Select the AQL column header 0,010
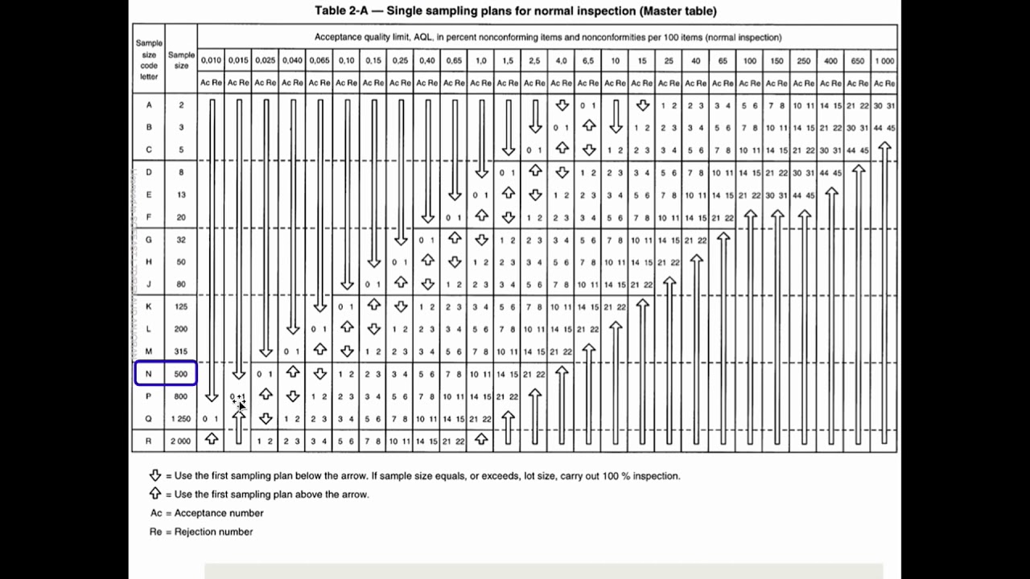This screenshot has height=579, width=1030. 211,60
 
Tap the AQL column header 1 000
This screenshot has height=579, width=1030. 884,60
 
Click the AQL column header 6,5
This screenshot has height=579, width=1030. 588,60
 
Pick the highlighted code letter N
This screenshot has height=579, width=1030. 149,373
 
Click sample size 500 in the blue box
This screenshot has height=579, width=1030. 181,373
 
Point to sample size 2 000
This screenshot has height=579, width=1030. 181,441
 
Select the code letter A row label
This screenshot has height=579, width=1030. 149,105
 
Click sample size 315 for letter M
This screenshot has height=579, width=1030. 181,351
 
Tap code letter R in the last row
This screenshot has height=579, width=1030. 149,441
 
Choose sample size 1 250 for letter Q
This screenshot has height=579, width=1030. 181,418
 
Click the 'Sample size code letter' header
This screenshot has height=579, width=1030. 149,60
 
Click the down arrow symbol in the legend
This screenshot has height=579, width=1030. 155,475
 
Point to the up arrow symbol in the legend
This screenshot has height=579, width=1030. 155,494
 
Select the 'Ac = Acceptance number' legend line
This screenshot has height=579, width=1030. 207,513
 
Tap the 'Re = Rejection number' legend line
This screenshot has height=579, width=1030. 201,532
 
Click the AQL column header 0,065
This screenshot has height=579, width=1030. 319,60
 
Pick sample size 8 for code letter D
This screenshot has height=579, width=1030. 181,172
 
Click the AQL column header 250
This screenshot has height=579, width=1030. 804,60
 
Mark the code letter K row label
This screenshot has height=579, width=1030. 149,306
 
